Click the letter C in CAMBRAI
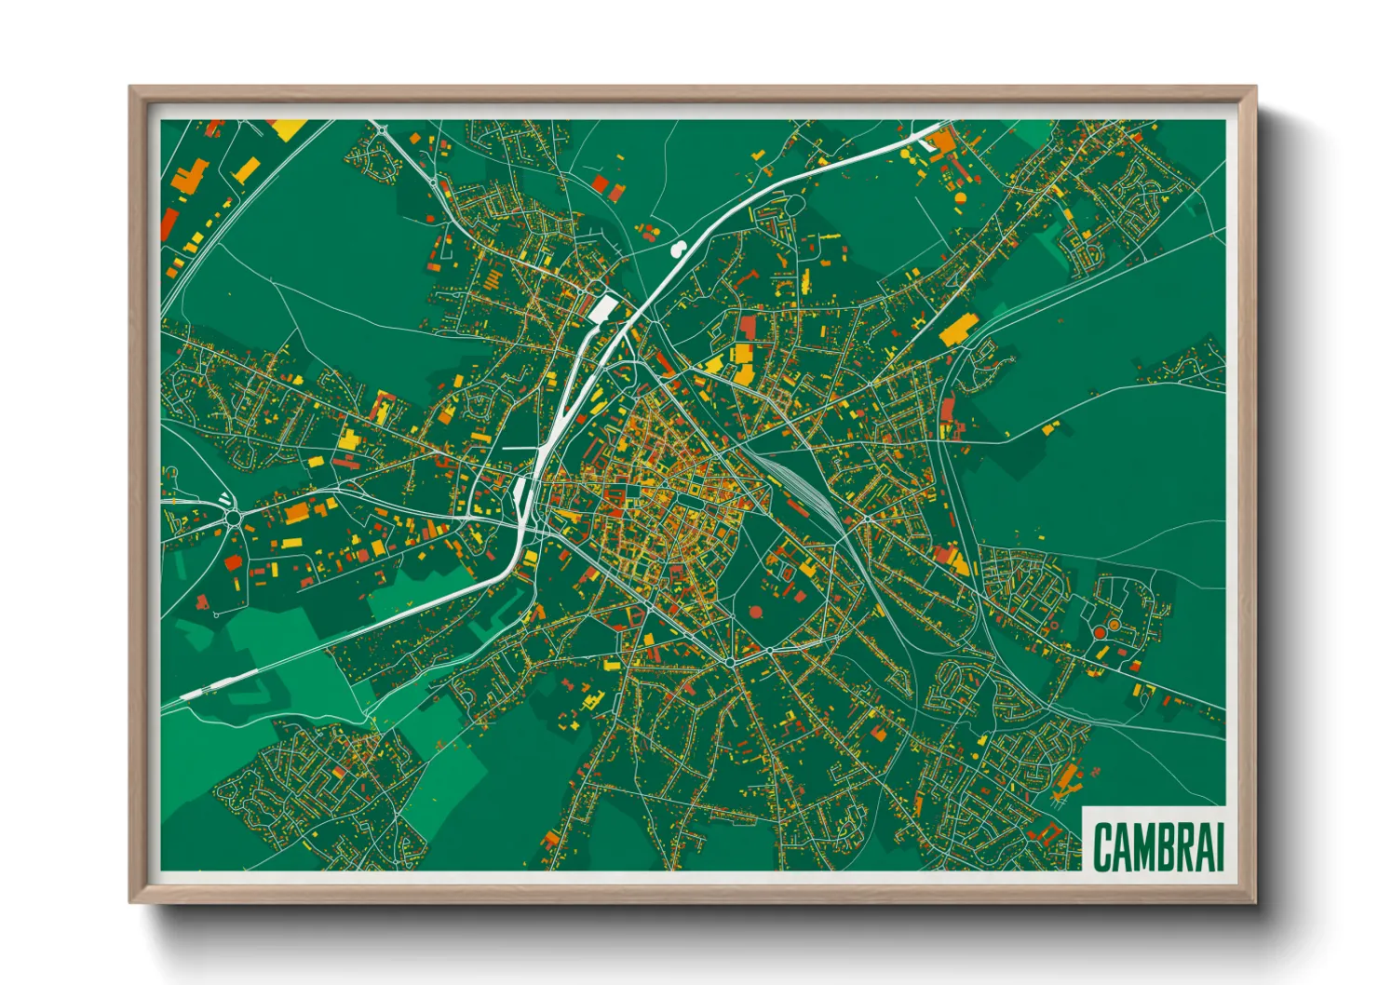point(1103,846)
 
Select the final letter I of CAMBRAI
point(1218,846)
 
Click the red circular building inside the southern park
point(754,612)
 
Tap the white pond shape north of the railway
point(679,248)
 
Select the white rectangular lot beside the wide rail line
point(602,307)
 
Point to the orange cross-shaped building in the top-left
point(191,177)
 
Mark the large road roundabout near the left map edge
point(231,516)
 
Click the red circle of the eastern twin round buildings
point(1100,631)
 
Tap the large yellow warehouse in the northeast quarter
point(956,330)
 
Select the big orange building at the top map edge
point(941,142)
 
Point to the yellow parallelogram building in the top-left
point(247,170)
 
